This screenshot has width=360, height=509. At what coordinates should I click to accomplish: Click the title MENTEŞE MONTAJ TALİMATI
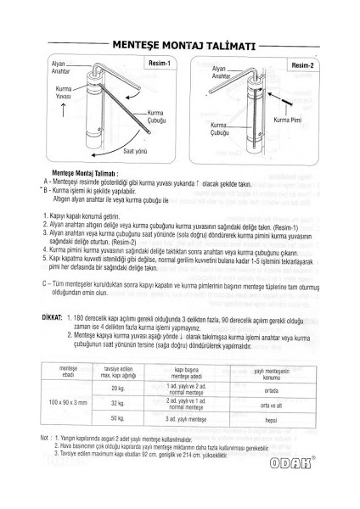click(179, 45)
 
